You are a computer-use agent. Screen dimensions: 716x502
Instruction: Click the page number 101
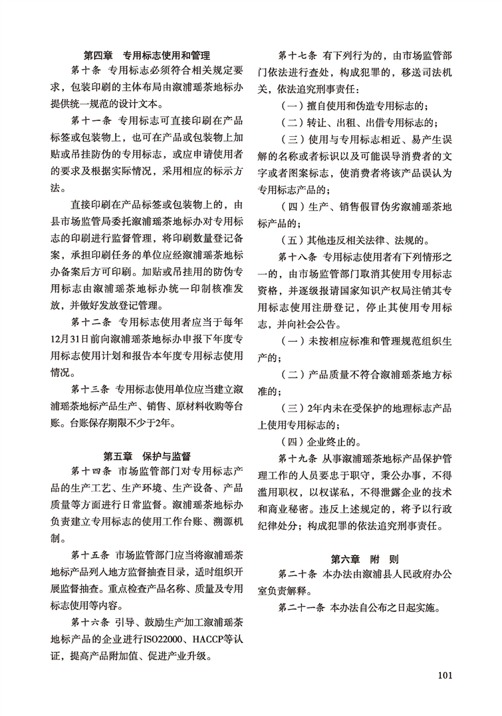pos(445,675)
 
